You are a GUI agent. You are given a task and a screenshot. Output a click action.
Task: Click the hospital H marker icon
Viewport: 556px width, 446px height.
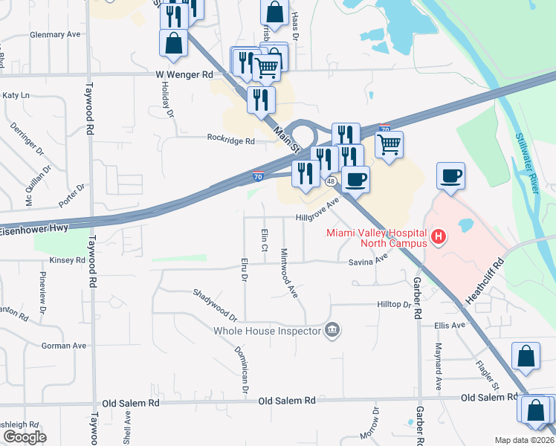click(439, 238)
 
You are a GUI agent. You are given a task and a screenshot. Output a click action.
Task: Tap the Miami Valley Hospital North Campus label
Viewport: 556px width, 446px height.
click(377, 238)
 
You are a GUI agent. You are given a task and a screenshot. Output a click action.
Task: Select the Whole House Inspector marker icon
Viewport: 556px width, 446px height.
click(332, 331)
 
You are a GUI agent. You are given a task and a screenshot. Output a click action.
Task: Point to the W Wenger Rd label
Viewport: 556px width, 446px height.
click(184, 75)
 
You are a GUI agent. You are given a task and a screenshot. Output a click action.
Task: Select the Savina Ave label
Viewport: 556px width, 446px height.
click(369, 260)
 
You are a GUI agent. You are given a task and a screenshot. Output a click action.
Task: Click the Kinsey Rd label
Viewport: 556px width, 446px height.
click(68, 260)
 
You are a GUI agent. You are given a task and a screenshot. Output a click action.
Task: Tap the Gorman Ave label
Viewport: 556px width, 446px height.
click(64, 346)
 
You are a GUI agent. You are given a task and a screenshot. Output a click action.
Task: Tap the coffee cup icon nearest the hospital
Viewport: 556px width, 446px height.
click(450, 176)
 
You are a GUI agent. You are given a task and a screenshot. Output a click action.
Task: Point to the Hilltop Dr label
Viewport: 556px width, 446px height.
click(394, 305)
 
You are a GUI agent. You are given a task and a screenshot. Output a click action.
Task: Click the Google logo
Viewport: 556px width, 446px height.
click(25, 437)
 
